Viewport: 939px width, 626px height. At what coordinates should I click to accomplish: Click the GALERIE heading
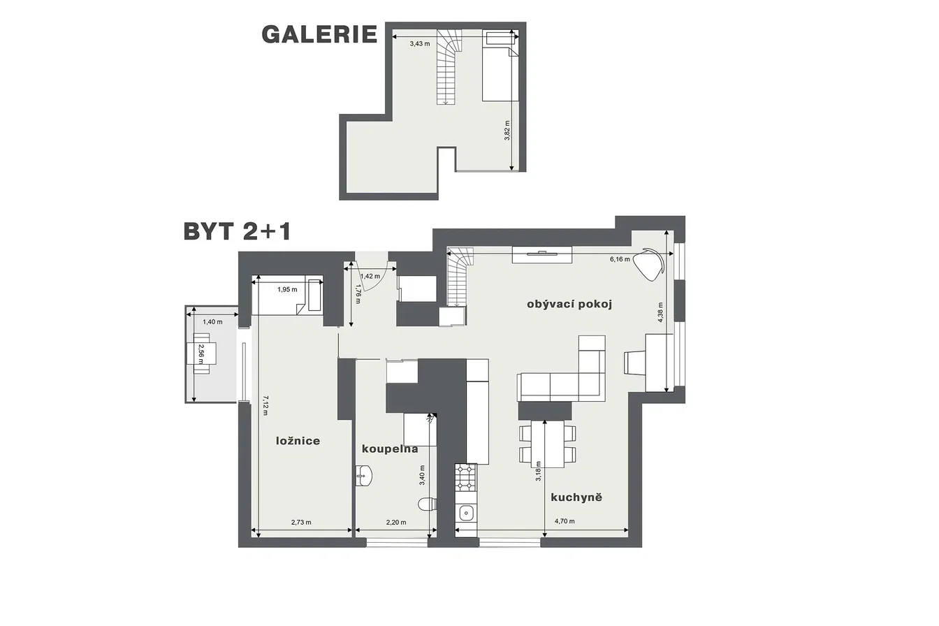click(319, 34)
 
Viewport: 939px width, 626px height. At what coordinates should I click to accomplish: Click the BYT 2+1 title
click(237, 231)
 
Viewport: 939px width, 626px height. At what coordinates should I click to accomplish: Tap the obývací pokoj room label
click(569, 305)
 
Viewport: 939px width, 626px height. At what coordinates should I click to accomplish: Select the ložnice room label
click(298, 441)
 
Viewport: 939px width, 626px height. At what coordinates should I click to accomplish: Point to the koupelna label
click(390, 449)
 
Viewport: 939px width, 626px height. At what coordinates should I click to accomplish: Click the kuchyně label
click(576, 497)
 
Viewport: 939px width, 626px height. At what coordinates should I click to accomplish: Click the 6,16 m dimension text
click(620, 259)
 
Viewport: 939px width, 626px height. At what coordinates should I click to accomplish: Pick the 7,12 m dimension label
click(265, 405)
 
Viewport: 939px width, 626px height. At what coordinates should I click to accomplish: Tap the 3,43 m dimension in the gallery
click(420, 43)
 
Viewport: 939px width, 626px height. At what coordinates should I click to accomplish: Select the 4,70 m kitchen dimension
click(565, 521)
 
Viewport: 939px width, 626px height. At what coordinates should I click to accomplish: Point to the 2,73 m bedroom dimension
click(301, 523)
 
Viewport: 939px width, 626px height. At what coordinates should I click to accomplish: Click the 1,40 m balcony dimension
click(212, 322)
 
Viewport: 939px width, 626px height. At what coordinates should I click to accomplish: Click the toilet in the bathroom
click(428, 504)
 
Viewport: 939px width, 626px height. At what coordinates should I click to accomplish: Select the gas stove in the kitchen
click(466, 477)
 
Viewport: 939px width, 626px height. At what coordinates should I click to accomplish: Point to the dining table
click(547, 444)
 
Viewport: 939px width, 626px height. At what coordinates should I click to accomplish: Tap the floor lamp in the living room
click(648, 264)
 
